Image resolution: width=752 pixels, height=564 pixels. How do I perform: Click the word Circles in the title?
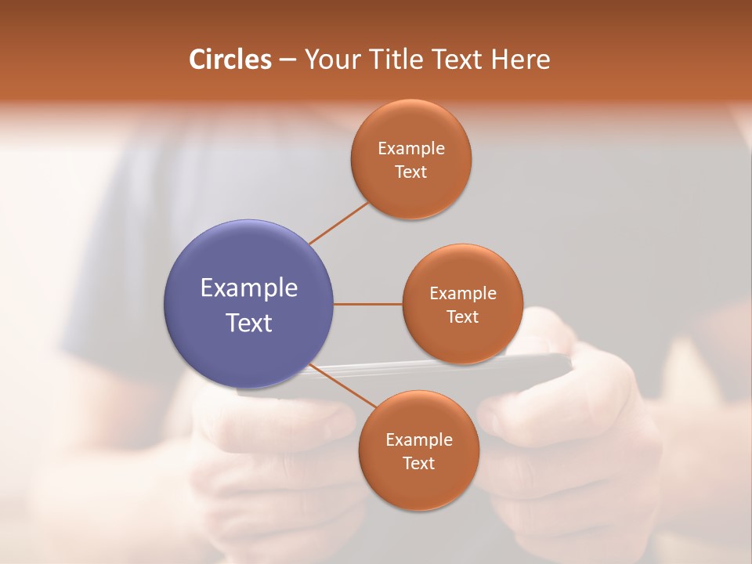230,60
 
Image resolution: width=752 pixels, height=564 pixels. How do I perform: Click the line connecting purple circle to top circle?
339,223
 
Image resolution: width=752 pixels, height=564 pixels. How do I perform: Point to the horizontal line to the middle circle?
367,304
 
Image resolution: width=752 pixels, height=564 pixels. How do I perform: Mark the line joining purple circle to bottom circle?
343,387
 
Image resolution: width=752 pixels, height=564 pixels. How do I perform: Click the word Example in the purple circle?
249,288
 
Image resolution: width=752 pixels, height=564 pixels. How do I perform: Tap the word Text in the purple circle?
249,323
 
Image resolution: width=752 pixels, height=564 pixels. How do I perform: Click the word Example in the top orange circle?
411,149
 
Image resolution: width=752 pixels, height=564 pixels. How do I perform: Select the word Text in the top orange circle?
411,172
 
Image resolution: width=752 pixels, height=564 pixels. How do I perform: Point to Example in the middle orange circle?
463,294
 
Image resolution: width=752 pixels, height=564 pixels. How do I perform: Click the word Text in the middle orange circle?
463,317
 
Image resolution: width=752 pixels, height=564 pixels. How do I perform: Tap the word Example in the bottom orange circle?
419,440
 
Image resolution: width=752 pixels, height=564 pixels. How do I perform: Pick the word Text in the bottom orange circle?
419,464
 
